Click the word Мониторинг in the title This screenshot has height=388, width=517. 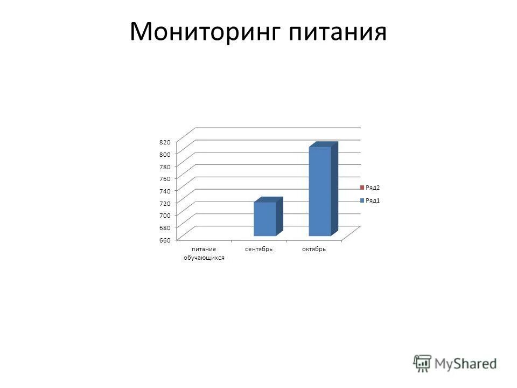[205, 32]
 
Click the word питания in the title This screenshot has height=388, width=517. [338, 32]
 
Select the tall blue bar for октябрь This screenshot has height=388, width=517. [320, 191]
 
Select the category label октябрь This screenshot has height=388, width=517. [314, 250]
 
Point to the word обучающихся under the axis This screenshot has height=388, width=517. [204, 259]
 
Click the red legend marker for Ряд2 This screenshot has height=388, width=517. [362, 188]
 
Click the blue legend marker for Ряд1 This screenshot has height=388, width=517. [362, 200]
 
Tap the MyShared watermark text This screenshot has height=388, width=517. [466, 364]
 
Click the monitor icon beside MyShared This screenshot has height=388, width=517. [422, 363]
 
